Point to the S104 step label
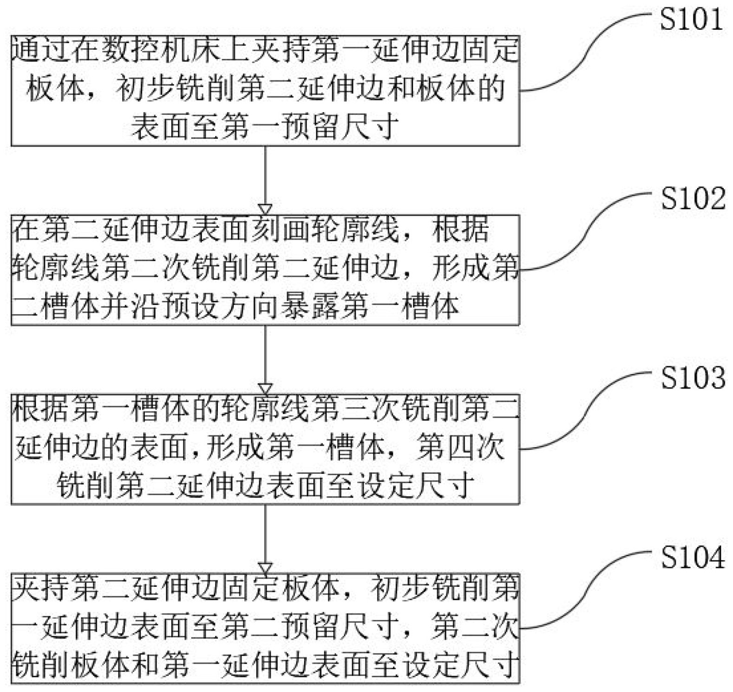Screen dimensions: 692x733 pos(693,557)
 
